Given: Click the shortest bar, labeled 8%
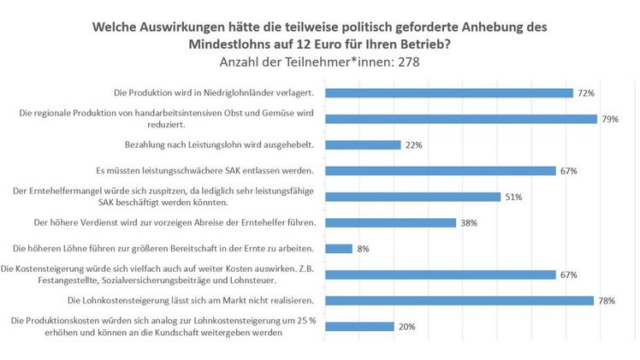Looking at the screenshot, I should pos(340,249).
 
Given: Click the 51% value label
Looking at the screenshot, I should pos(513,197).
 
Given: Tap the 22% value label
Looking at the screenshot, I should pos(413,145).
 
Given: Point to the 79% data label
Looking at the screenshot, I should pos(610,120).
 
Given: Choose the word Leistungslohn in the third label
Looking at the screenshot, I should pos(210,145).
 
